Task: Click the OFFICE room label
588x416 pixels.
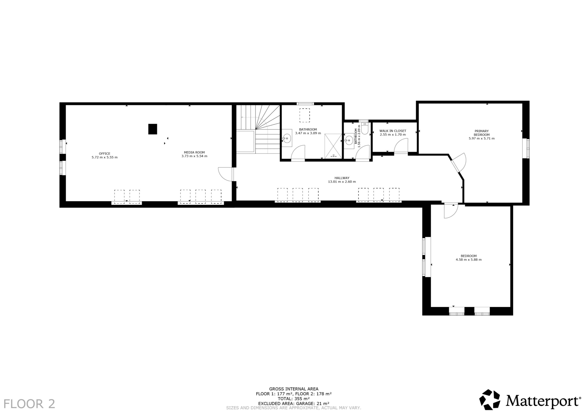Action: (x=105, y=154)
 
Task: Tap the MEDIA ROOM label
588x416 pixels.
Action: (x=194, y=152)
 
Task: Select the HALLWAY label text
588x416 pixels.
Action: (x=342, y=178)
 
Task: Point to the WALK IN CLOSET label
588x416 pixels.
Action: (x=393, y=131)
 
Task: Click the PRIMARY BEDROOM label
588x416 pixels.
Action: (x=481, y=133)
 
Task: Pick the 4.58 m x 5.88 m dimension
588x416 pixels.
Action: (x=469, y=260)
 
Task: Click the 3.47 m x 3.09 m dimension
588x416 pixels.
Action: (x=308, y=133)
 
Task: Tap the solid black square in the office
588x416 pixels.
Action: (x=153, y=129)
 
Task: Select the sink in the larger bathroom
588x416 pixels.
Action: (x=287, y=138)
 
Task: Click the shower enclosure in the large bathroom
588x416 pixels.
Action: (x=333, y=146)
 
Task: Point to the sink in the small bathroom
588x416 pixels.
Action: (x=349, y=141)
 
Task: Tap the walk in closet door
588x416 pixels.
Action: (x=401, y=146)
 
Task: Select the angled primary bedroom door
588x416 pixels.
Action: (x=458, y=162)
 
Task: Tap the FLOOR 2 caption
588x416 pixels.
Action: (x=29, y=404)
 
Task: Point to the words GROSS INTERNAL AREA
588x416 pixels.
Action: (x=294, y=389)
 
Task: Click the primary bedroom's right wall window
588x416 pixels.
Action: (x=527, y=148)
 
